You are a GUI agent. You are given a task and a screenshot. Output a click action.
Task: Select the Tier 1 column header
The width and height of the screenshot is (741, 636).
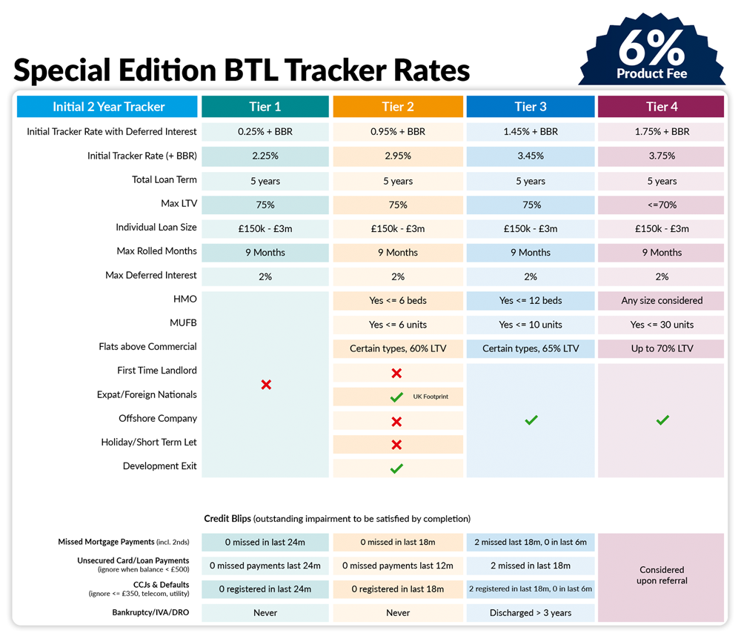[265, 107]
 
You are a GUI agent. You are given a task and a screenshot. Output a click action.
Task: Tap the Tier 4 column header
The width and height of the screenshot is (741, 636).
[661, 107]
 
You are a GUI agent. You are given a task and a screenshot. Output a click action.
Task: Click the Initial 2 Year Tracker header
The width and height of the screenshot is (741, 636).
[108, 107]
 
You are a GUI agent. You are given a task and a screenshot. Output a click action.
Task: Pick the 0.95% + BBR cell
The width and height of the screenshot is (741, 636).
[398, 132]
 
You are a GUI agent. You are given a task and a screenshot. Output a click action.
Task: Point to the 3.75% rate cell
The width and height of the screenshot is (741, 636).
[661, 156]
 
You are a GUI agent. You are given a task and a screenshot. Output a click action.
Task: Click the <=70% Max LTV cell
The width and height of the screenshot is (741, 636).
[661, 205]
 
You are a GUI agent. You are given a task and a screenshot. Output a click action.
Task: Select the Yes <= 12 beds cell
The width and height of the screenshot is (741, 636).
[530, 301]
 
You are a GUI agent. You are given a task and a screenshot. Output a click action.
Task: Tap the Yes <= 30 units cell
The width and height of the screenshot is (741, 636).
[661, 325]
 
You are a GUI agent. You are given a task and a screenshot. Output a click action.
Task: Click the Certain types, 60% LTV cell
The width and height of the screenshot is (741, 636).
[398, 348]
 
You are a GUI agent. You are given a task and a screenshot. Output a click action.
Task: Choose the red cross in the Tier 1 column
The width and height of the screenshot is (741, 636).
[266, 385]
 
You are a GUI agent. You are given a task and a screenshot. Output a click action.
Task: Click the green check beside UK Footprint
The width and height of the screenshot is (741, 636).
[396, 397]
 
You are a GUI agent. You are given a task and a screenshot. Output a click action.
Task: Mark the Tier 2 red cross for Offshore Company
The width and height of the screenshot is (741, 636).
[396, 421]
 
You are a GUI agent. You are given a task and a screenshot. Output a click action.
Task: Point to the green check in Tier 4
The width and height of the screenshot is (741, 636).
[662, 420]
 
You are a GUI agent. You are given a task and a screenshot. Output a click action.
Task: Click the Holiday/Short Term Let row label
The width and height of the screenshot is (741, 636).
[149, 443]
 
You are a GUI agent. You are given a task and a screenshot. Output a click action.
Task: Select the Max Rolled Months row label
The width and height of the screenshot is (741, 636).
[156, 251]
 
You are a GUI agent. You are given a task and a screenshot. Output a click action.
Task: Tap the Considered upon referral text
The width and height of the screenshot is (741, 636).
[661, 575]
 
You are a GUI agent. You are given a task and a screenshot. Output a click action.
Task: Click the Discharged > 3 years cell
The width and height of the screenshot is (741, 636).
[530, 613]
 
